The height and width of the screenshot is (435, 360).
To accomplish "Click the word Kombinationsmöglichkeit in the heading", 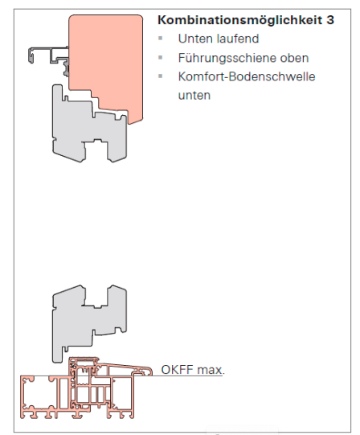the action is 240,20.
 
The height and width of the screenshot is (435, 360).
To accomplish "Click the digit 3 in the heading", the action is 330,20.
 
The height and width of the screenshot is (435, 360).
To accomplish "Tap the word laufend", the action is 237,39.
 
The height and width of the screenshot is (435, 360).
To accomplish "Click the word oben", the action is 294,58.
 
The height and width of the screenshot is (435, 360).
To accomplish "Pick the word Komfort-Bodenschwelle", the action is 247,76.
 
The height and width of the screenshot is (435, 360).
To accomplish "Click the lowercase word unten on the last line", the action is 194,96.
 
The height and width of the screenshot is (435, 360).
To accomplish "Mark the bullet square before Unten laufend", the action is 160,39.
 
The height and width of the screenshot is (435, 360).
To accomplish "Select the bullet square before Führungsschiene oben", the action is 160,57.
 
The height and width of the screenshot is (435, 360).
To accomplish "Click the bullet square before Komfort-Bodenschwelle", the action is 160,76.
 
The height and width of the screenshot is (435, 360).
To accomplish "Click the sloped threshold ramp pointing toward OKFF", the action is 125,367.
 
